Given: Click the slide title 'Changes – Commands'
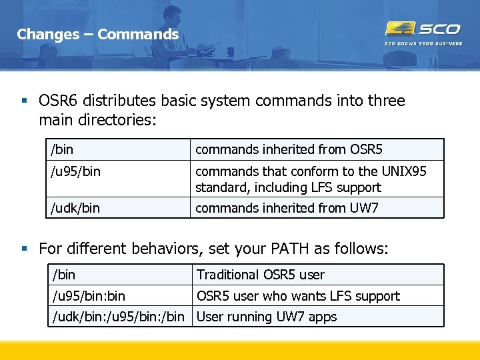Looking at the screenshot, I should (x=97, y=34).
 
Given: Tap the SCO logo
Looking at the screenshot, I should (x=423, y=29).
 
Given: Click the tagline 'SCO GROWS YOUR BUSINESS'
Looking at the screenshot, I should (x=423, y=44).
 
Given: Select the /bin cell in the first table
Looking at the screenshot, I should (x=63, y=149).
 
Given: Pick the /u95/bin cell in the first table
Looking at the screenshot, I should (x=75, y=171).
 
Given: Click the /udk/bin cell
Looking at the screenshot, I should (x=75, y=208).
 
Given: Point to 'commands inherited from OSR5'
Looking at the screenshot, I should (x=289, y=149).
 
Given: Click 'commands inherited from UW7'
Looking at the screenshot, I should (x=287, y=208).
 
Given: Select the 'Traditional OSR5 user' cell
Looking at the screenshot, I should (x=261, y=275).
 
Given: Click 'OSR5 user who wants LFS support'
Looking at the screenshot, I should (x=298, y=296).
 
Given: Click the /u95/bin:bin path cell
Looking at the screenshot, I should (x=89, y=296).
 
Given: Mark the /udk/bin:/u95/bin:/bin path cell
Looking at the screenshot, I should (x=119, y=317).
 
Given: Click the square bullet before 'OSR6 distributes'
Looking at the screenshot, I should (x=24, y=101).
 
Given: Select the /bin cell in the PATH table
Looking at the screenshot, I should (x=64, y=275).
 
